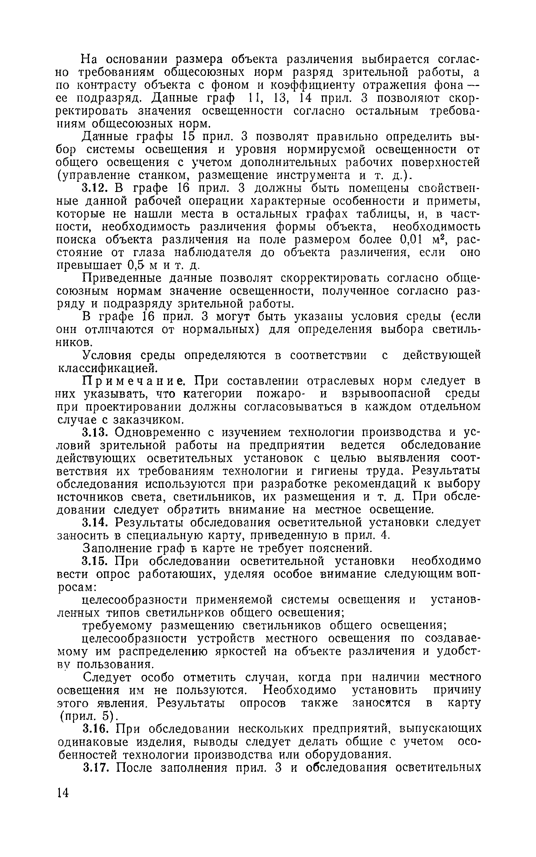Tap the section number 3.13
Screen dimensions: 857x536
95,432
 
